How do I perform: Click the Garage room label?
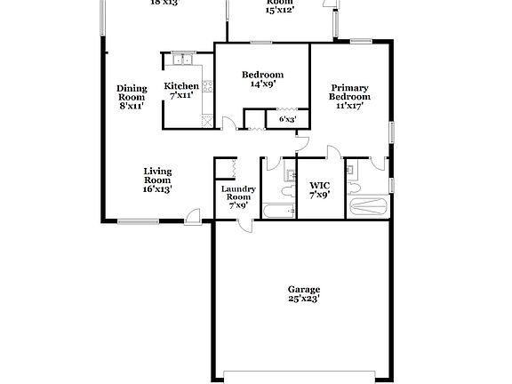(303, 290)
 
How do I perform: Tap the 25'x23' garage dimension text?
(303, 300)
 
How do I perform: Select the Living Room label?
(158, 175)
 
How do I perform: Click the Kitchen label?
(181, 86)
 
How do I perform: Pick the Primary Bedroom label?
(350, 92)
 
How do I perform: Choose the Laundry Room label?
(238, 193)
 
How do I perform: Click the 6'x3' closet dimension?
(287, 118)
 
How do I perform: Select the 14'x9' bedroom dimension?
(263, 84)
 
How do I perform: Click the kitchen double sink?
(183, 60)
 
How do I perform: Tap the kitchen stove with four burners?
(208, 87)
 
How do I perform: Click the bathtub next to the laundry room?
(279, 211)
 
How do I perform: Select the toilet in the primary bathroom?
(352, 189)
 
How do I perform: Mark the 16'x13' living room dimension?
(158, 188)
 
